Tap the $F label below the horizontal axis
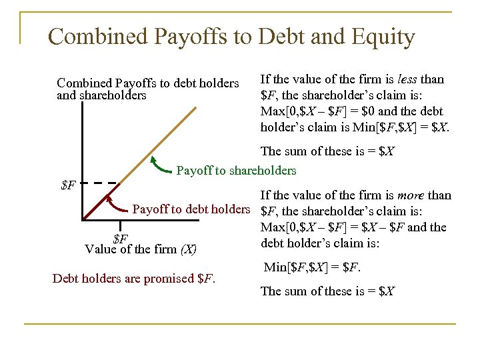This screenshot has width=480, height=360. (121, 238)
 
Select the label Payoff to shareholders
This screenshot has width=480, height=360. (236, 171)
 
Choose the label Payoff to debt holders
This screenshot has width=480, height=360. (191, 210)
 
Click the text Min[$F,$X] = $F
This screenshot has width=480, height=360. (313, 268)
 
